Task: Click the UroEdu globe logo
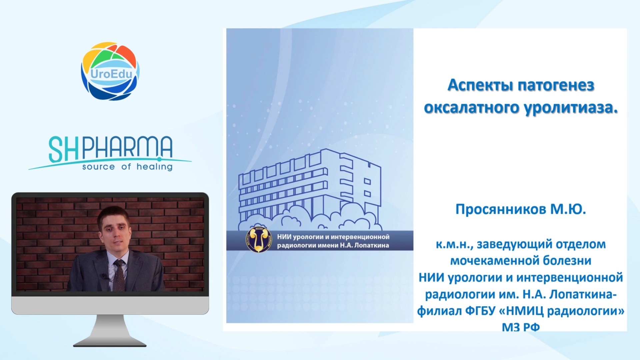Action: point(110,71)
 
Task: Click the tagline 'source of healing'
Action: point(127,166)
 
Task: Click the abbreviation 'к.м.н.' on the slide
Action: point(454,245)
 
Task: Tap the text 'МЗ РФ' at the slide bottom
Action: point(521,327)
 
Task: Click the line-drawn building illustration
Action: point(310,190)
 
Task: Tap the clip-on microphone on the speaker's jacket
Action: point(105,276)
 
